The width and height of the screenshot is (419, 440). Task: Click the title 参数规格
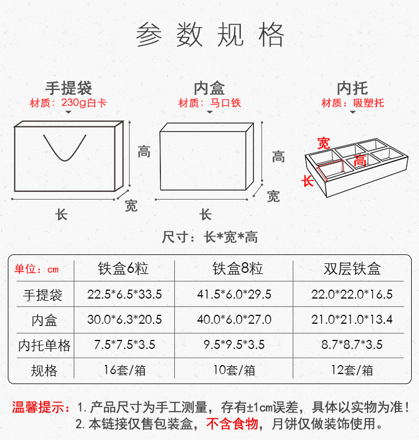(x=209, y=35)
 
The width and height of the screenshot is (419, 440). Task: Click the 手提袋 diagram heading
(x=68, y=88)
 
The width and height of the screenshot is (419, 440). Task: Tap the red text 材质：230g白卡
(x=68, y=103)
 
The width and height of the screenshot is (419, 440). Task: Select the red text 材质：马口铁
(x=209, y=103)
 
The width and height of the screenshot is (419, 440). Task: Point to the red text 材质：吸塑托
(x=353, y=103)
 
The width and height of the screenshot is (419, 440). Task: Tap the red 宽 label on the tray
(x=323, y=143)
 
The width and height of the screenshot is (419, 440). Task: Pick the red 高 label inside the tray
(x=360, y=161)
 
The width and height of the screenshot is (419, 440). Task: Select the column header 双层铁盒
(x=352, y=269)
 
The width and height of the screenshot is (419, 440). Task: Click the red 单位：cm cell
(x=36, y=269)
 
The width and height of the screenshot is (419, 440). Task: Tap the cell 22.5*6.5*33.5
(x=125, y=294)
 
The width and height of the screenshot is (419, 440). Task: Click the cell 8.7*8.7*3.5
(x=352, y=344)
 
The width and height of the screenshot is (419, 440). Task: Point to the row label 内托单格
(x=44, y=346)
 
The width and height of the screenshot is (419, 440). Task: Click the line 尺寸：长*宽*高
(x=209, y=237)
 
